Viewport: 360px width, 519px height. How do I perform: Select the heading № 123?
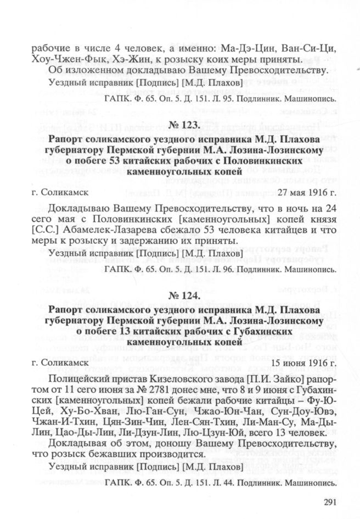click(x=180, y=126)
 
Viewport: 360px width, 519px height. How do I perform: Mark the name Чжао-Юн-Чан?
click(x=226, y=416)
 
